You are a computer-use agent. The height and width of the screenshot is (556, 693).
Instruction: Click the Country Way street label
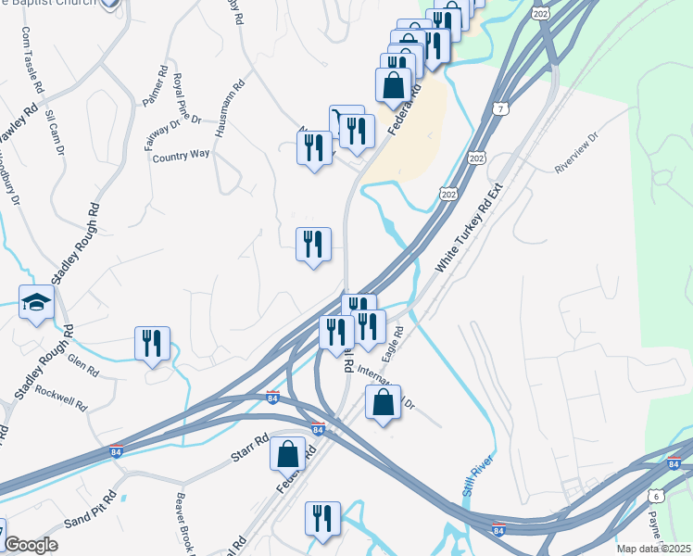[x=182, y=156]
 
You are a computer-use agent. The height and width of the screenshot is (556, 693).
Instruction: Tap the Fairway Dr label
[x=161, y=131]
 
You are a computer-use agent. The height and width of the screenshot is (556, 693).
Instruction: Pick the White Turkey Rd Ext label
[x=468, y=227]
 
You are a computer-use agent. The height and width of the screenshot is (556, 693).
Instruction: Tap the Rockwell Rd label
[x=61, y=398]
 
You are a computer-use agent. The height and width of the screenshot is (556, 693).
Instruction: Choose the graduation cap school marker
[x=36, y=303]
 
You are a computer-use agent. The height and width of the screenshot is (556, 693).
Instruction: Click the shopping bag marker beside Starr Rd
[x=287, y=454]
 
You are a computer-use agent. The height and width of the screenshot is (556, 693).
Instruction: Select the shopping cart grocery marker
[x=345, y=121]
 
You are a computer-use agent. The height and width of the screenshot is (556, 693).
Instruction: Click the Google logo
[x=31, y=546]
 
